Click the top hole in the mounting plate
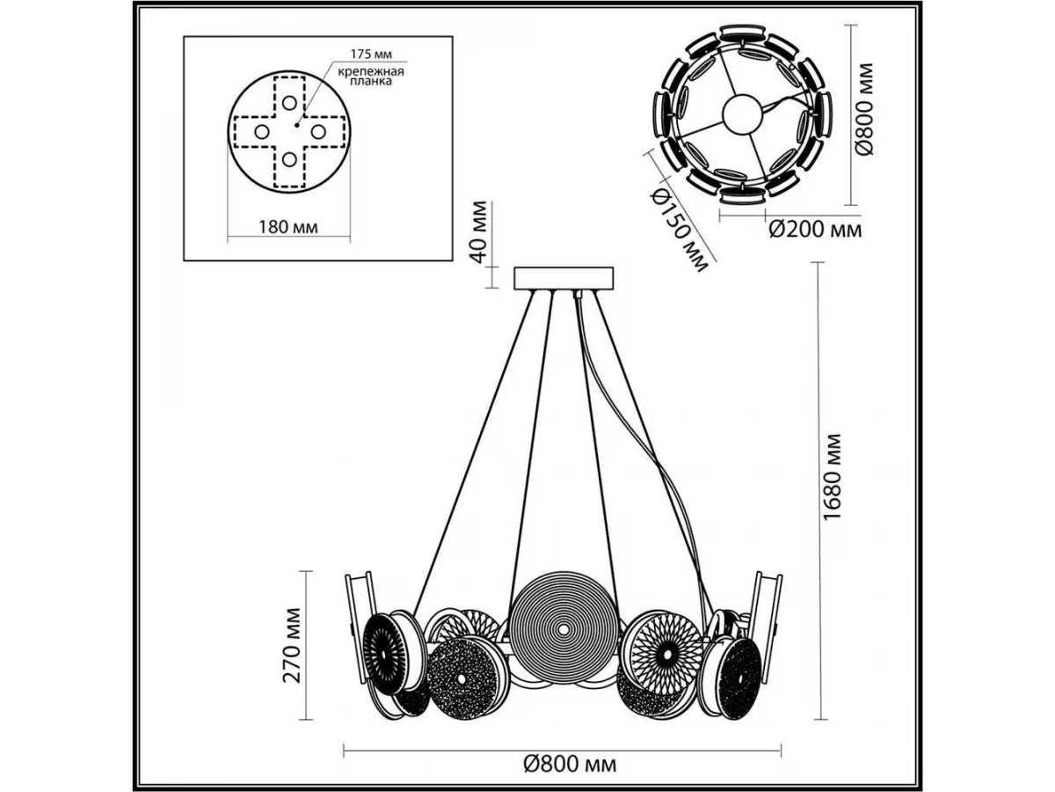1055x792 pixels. coord(289,102)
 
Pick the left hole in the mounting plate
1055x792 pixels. coord(261,131)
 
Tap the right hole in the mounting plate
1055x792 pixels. coord(317,131)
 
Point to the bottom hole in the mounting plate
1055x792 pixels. coord(289,160)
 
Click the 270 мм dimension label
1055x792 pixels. coord(294,645)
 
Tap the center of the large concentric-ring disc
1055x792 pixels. coord(560,629)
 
